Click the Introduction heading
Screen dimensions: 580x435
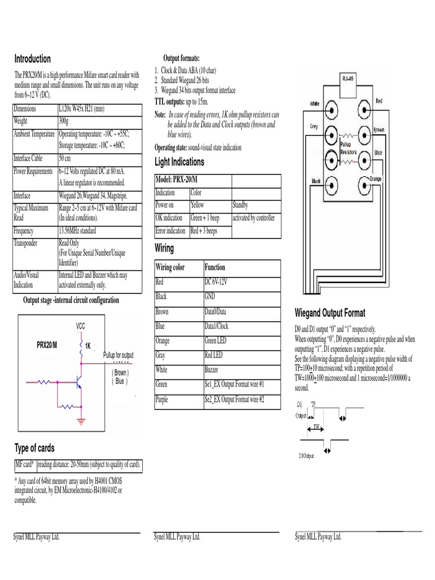(x=32, y=59)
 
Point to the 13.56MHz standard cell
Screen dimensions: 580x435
(x=78, y=231)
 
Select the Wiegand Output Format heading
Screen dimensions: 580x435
(x=330, y=313)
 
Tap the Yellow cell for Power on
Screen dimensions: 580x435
(x=198, y=205)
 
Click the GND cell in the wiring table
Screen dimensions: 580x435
(x=210, y=296)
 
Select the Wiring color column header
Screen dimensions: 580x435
(x=170, y=267)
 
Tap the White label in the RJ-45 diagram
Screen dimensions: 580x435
(x=315, y=104)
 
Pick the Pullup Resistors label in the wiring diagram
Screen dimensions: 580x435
(x=349, y=148)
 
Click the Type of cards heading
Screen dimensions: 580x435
(x=35, y=448)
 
